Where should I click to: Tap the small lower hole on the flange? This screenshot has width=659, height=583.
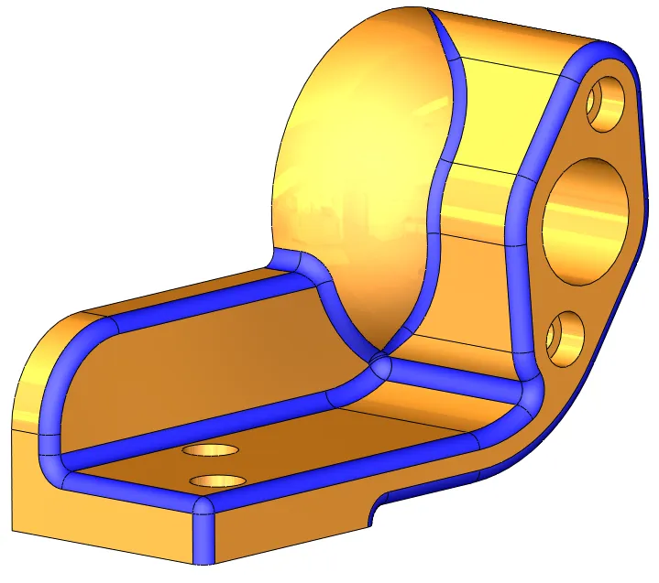pos(565,338)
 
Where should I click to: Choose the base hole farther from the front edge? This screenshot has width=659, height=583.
pos(211,450)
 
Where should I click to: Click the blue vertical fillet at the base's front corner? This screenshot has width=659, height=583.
pos(203,531)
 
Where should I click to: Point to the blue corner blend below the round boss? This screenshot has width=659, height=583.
pos(381,367)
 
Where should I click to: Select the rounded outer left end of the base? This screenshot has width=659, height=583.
pos(37,384)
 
